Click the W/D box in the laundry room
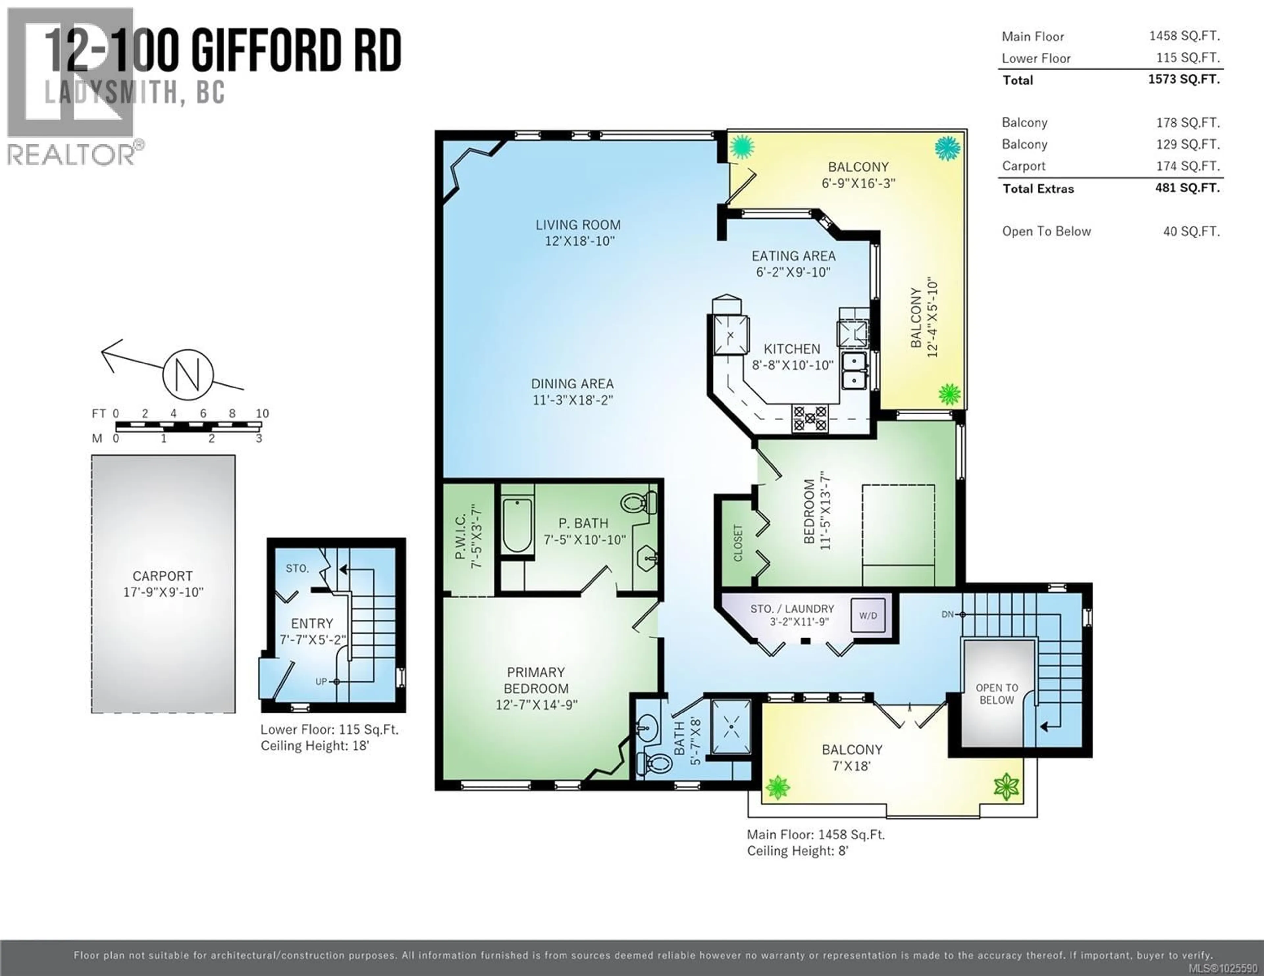coord(868,615)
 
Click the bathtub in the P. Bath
coord(517,525)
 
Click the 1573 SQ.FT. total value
coord(1184,79)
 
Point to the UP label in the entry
coord(321,682)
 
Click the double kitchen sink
coord(854,370)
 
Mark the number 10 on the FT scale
coord(262,413)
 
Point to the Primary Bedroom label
coord(536,680)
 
